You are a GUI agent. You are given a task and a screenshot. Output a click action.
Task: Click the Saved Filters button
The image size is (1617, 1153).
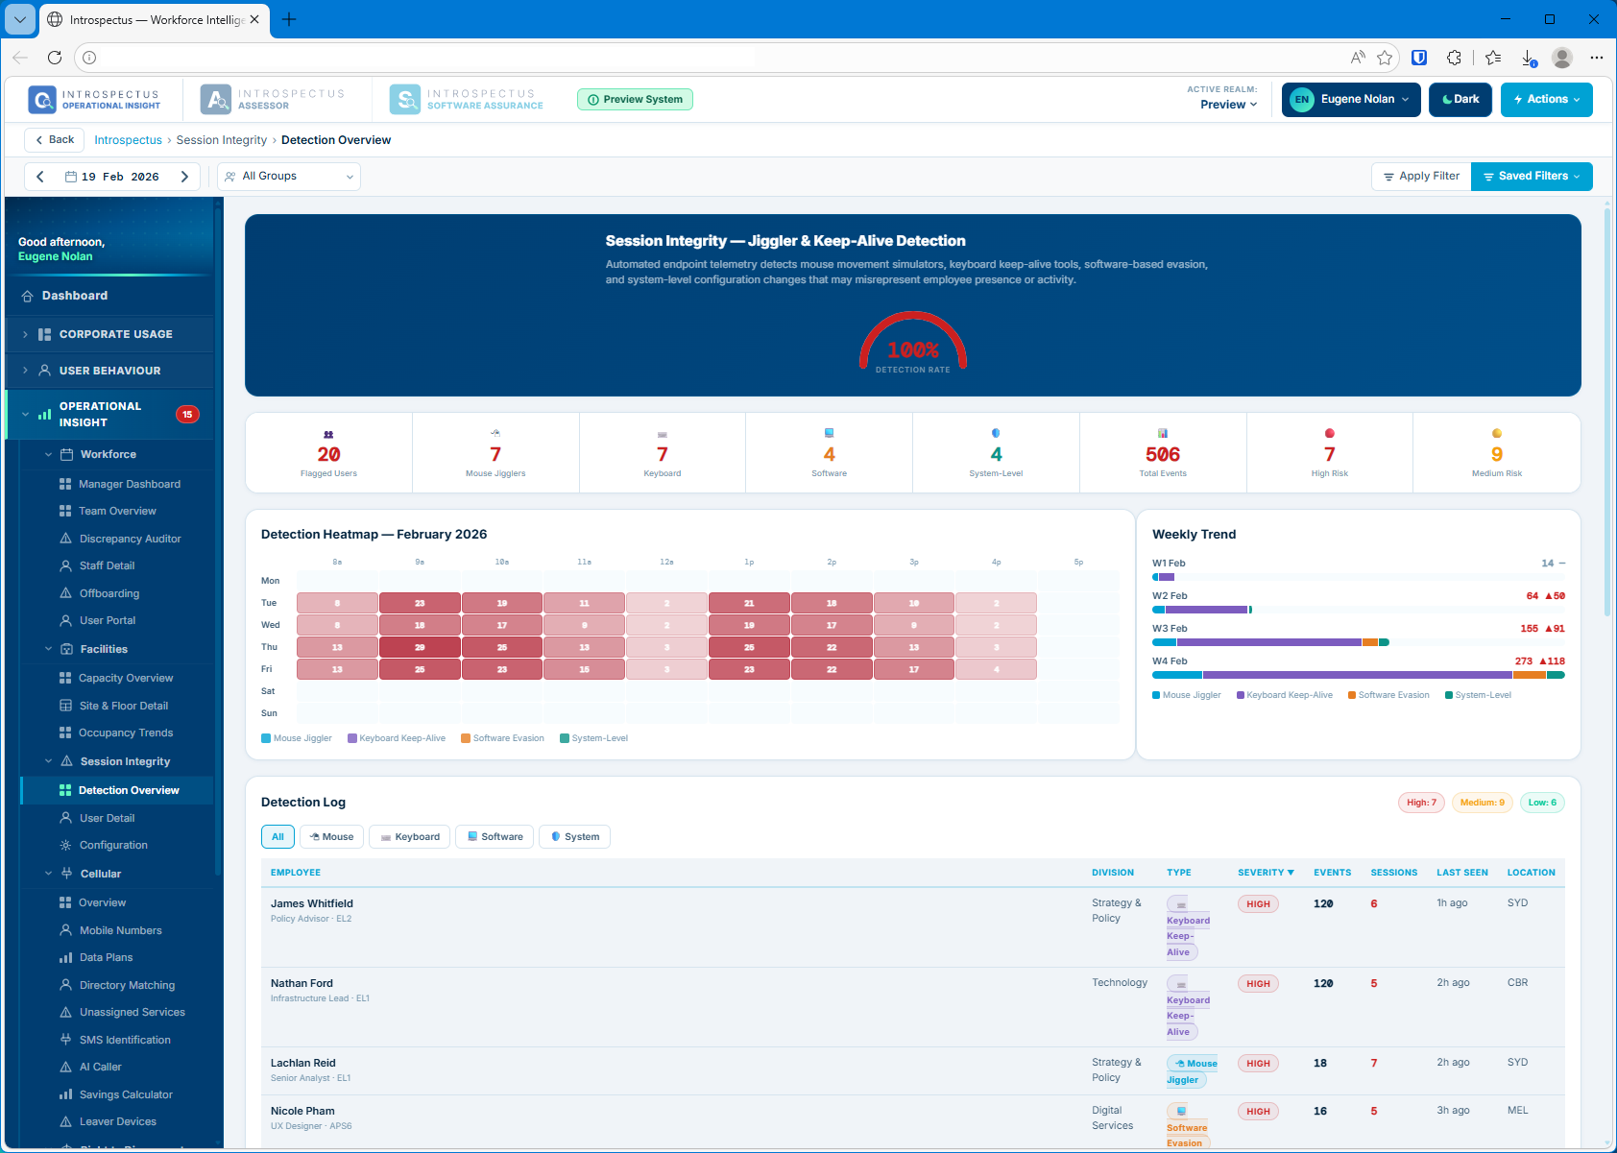(x=1531, y=177)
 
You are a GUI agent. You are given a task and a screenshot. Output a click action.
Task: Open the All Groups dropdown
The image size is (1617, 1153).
(x=289, y=177)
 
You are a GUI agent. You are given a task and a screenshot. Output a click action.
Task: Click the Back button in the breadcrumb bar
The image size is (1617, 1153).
(x=54, y=140)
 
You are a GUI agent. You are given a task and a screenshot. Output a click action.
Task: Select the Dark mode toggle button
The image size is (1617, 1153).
(x=1460, y=100)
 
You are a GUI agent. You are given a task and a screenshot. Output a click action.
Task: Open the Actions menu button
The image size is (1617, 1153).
(x=1546, y=100)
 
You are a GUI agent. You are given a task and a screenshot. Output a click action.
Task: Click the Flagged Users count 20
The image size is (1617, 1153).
(x=328, y=455)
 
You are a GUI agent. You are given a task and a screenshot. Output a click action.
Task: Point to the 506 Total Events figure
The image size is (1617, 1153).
(x=1162, y=455)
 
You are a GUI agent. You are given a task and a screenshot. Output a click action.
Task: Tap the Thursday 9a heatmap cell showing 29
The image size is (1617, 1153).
(x=420, y=648)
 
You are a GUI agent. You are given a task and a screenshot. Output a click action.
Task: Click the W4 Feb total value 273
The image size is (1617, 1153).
(x=1523, y=661)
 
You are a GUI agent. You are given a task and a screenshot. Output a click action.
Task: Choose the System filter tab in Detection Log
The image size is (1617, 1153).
(x=574, y=837)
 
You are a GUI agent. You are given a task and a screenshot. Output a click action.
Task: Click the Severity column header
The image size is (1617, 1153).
(x=1265, y=873)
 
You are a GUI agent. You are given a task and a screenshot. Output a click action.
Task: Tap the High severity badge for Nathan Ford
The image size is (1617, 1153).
(x=1258, y=984)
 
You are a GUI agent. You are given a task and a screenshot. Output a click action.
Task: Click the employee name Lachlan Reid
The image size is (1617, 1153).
(x=302, y=1063)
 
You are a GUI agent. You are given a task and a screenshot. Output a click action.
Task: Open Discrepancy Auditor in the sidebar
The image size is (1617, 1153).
(x=130, y=540)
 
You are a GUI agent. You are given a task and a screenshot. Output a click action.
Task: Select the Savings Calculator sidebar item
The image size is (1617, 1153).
(x=126, y=1094)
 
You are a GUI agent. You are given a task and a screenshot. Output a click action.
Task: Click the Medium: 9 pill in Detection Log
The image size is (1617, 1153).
(x=1482, y=803)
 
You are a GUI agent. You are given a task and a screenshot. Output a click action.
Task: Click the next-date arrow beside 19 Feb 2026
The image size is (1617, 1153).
(x=184, y=177)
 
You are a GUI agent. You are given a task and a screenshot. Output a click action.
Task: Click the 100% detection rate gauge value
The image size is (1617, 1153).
(x=912, y=350)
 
